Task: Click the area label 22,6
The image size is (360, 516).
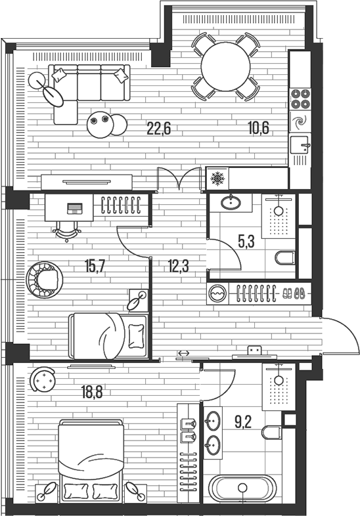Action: (158, 129)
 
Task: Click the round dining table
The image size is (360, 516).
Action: (225, 66)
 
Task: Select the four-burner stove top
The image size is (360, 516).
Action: (300, 98)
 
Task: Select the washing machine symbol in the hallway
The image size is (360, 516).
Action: (217, 293)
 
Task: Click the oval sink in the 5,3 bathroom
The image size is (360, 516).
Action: (230, 202)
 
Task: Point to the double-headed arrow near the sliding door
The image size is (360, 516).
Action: (183, 354)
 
